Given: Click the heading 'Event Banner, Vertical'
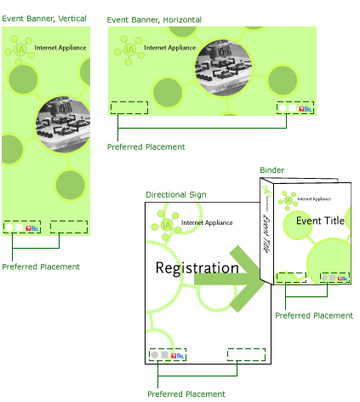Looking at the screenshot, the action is (x=44, y=19).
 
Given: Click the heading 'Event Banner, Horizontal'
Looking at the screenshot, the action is (x=154, y=20).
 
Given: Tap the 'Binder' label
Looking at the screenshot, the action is (x=271, y=170).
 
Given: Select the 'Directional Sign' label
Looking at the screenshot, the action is (x=176, y=195).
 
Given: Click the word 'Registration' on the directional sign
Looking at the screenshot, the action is (x=197, y=268).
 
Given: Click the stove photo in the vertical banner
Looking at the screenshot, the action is (x=64, y=124).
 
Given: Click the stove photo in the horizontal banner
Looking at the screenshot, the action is (x=223, y=67).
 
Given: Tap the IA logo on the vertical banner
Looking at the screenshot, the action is (x=20, y=50).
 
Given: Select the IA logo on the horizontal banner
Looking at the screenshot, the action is (x=129, y=50).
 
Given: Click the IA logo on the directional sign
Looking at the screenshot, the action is (x=167, y=226).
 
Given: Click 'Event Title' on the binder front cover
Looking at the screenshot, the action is (x=320, y=221).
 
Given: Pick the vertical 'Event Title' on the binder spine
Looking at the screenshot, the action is (x=266, y=233).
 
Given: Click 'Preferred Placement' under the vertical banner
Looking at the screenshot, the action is (x=41, y=267).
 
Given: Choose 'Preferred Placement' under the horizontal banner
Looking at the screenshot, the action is (x=146, y=147).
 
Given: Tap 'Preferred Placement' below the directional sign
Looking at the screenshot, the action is (x=186, y=394).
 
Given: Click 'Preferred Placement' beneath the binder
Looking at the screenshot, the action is (x=314, y=316).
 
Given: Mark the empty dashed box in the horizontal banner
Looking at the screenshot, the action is (x=129, y=108).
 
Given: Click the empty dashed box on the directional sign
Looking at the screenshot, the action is (x=246, y=355).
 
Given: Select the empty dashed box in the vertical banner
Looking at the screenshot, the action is (x=69, y=227).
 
